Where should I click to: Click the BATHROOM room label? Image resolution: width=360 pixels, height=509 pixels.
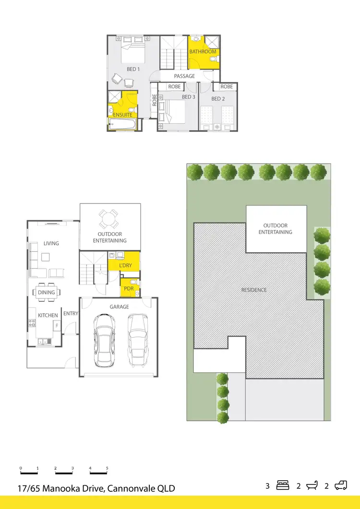tap(203, 51)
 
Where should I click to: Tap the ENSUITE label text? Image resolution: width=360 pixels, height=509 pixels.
tap(123, 115)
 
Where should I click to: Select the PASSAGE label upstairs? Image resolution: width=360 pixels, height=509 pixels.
tap(184, 76)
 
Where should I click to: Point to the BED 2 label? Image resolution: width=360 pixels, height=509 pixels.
tap(218, 99)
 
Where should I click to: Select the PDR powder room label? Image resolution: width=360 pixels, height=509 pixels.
tap(128, 289)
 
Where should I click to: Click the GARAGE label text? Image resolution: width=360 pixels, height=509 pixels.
tap(119, 307)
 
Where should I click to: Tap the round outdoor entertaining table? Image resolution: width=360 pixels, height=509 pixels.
tap(109, 220)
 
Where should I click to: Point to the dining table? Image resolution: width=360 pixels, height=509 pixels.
tap(47, 292)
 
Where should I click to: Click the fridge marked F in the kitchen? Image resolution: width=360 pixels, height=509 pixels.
tap(57, 326)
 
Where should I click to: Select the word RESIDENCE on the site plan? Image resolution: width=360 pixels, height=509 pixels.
tap(254, 290)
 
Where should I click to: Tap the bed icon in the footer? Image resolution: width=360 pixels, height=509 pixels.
tap(282, 485)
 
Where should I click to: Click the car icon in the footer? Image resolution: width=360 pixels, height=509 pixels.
tap(341, 485)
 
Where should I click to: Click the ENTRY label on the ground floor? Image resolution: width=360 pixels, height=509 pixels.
tap(71, 313)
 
